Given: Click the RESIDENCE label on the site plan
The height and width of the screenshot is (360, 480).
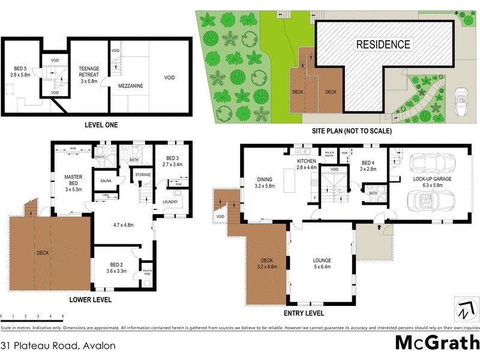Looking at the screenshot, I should click(383, 44).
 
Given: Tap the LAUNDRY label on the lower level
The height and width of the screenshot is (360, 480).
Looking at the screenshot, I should click(173, 202).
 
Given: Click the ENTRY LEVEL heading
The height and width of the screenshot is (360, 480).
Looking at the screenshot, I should click(303, 314).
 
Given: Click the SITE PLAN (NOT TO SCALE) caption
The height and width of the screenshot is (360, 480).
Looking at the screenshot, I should click(352, 131).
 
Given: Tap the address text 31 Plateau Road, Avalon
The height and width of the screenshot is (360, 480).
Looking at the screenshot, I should click(58, 346).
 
